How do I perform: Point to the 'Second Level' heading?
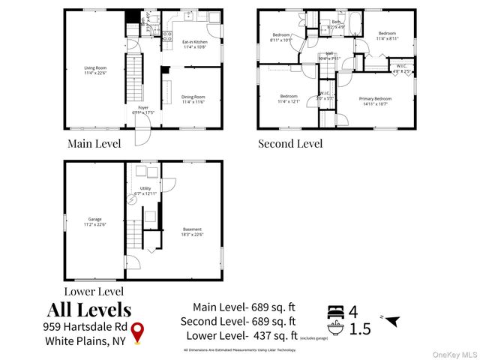pos(290,143)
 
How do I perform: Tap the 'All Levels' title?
pos(89,309)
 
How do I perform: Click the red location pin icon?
pos(137,332)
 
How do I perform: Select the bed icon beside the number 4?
pos(337,310)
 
